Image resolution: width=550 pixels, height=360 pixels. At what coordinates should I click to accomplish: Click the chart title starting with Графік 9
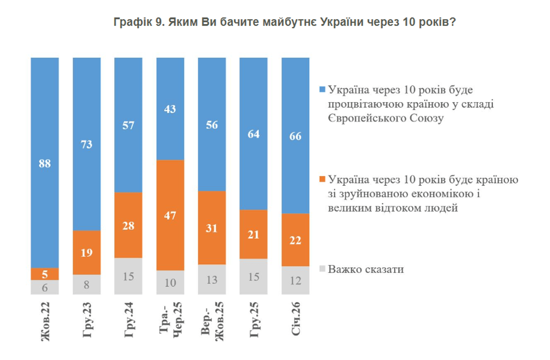(284, 22)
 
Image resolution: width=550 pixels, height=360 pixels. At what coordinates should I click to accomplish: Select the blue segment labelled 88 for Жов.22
(45, 163)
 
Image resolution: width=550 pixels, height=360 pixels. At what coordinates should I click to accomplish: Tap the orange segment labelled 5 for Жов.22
(45, 274)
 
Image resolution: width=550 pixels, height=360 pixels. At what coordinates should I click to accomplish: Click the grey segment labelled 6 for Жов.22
(45, 287)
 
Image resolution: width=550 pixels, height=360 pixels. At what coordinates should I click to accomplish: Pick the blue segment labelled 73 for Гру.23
(86, 144)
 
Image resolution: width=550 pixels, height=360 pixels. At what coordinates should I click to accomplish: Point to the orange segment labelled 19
(86, 252)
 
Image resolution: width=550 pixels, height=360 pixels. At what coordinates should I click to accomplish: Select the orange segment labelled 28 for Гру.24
(128, 225)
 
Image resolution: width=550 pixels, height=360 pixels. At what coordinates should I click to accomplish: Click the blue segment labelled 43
(170, 109)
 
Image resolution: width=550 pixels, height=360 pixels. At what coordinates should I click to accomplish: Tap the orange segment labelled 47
(170, 215)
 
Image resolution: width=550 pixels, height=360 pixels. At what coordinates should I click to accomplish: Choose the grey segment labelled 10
(170, 283)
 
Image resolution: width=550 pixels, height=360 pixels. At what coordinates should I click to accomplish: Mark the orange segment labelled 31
(212, 228)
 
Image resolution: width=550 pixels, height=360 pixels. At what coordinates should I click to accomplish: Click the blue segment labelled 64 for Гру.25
(253, 134)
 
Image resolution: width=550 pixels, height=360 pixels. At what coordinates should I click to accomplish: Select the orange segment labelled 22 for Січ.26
(295, 240)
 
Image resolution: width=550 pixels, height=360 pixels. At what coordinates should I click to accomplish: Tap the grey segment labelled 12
(295, 281)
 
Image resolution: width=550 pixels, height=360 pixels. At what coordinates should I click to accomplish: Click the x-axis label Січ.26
(296, 319)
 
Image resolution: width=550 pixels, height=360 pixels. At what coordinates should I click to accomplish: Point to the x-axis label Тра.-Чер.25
(170, 319)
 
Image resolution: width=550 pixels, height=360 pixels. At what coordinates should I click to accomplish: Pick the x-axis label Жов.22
(45, 321)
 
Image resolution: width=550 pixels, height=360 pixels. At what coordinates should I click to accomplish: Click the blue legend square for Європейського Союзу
(323, 90)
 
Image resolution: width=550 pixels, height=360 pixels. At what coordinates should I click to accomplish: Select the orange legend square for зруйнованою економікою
(323, 179)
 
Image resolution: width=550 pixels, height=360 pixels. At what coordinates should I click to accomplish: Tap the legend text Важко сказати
(365, 269)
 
